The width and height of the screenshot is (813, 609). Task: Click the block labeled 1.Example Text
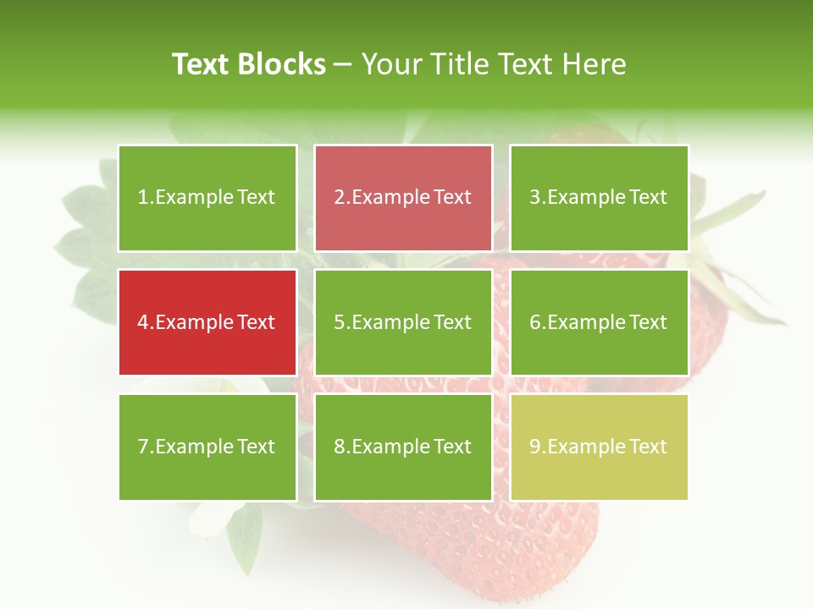[x=207, y=198]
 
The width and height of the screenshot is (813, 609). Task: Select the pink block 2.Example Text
[x=403, y=198]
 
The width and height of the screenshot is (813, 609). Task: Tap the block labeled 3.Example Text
[x=599, y=198]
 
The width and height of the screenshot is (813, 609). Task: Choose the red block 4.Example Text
[x=207, y=322]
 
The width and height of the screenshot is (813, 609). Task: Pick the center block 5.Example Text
[x=403, y=322]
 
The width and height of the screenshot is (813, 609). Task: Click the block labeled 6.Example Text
[x=599, y=322]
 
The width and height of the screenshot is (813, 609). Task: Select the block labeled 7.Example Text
[x=207, y=447]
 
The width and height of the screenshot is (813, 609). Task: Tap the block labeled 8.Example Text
[x=403, y=447]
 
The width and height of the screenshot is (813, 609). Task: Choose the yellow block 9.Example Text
[x=599, y=447]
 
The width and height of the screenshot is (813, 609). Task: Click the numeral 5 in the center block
[x=339, y=322]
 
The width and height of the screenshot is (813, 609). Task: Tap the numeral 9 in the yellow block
[x=534, y=447]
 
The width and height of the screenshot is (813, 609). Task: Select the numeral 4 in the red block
[x=143, y=322]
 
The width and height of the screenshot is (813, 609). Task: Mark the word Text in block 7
[x=256, y=447]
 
